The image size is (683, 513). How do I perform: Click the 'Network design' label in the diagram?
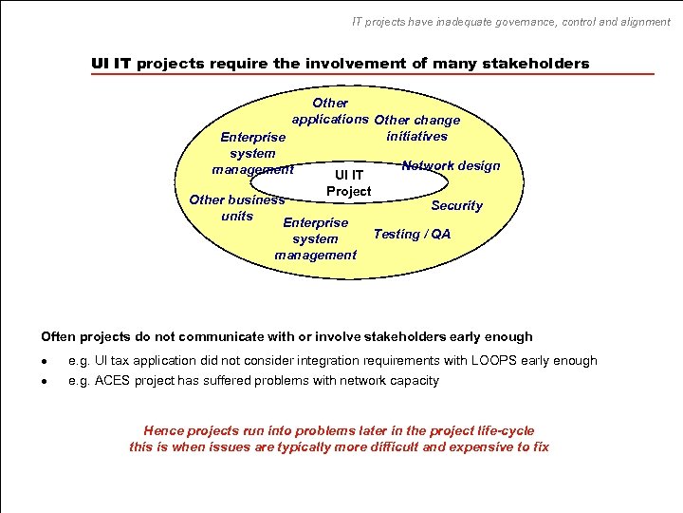click(x=451, y=165)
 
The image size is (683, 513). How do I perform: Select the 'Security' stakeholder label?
click(x=456, y=205)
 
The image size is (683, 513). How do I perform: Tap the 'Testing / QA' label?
click(x=412, y=234)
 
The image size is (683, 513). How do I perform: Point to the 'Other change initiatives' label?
click(x=417, y=127)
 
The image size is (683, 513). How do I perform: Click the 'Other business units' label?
click(x=236, y=207)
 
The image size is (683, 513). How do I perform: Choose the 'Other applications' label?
click(x=329, y=110)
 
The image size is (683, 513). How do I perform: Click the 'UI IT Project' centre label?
click(x=348, y=182)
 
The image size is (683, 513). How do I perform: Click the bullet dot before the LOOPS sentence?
click(x=45, y=361)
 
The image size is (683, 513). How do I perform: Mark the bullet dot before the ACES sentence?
click(x=45, y=381)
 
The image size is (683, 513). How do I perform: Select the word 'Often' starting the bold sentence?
click(x=57, y=336)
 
